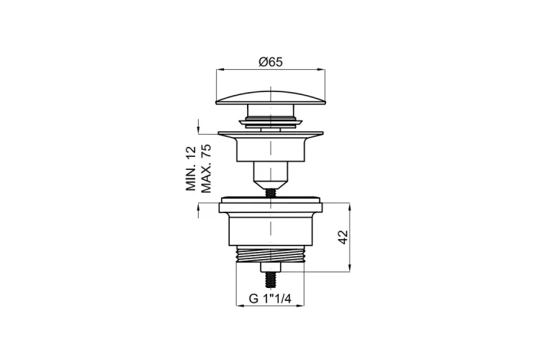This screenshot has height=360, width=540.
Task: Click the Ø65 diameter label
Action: tap(270, 62)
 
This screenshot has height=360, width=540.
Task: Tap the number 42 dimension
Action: tap(343, 237)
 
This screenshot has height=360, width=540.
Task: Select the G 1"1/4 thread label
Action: tap(270, 298)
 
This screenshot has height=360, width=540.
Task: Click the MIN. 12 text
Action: tap(191, 168)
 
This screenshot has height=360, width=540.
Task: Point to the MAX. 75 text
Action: tap(206, 168)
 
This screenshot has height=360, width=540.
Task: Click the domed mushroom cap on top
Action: tap(270, 97)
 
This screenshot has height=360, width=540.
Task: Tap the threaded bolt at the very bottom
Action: tap(270, 280)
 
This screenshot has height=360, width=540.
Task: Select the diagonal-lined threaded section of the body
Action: tap(270, 254)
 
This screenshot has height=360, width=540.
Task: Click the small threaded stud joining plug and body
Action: tap(270, 192)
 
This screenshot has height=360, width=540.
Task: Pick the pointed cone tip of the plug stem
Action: tap(270, 184)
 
